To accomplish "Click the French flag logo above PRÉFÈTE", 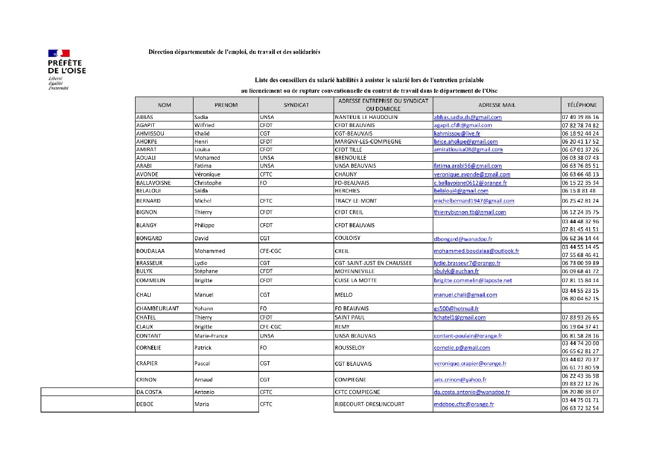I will pos(59,53).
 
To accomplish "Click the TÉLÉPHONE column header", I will pos(582,105).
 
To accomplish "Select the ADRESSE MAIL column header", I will pos(496,105).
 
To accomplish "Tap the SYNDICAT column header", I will pos(296,105).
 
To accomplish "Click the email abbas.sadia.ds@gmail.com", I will pos(468,117).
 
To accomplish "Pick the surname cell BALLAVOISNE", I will pos(153,183).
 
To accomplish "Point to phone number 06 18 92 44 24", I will pos(580,134).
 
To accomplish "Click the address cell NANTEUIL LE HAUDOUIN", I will pos(366,117).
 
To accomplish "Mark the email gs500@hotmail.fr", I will pos(456,308).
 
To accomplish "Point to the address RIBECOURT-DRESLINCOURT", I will pos(369,404).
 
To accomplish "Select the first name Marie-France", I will pos(211,336).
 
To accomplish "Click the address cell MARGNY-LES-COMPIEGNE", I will pos(368,142).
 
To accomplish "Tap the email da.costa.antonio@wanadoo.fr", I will pos(472,392).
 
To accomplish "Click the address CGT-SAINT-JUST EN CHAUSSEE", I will pos(373,263).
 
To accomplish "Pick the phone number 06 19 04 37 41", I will pos(580,327).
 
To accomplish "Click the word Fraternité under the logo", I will pos(58,88).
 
